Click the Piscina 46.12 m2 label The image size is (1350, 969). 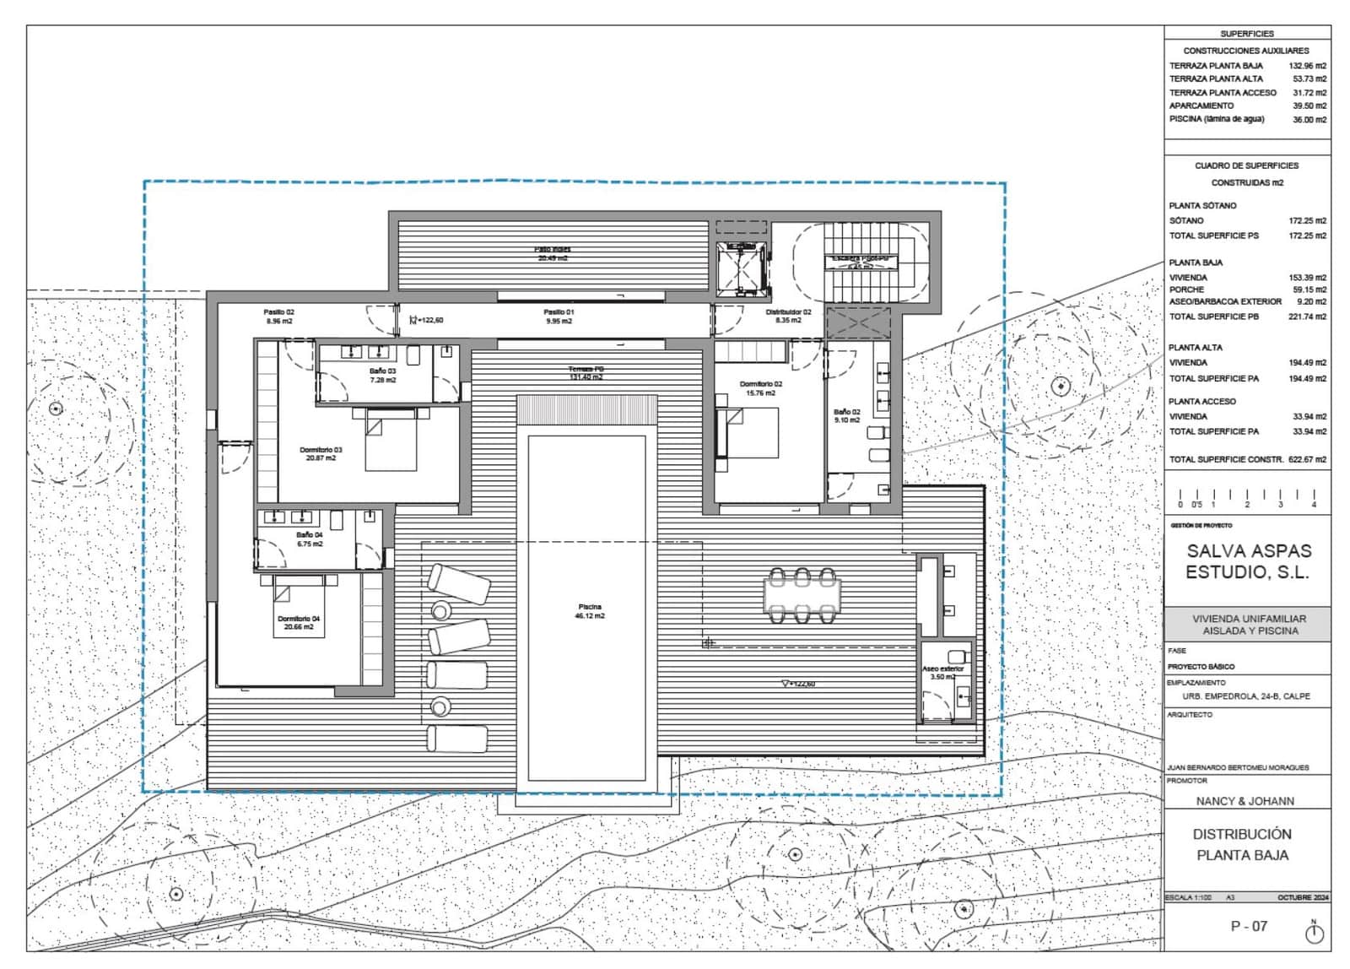[x=590, y=611]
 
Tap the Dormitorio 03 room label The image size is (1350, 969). [x=321, y=453]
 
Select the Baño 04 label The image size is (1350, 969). [x=309, y=539]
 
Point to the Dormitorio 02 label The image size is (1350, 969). [x=760, y=388]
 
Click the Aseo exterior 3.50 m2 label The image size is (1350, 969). [x=942, y=673]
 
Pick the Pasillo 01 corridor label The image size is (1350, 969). [x=559, y=317]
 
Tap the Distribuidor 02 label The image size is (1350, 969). [x=788, y=317]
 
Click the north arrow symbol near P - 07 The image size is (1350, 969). [x=1314, y=933]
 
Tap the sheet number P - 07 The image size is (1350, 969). [x=1249, y=926]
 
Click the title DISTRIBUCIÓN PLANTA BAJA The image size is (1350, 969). [x=1242, y=844]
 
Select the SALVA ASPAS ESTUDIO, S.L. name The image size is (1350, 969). [x=1249, y=561]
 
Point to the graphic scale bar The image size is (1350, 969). [x=1246, y=497]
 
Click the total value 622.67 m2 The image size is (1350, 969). [x=1306, y=460]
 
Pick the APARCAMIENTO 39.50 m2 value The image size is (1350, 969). [x=1309, y=106]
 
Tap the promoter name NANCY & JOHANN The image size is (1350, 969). [x=1245, y=801]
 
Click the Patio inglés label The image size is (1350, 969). [x=553, y=253]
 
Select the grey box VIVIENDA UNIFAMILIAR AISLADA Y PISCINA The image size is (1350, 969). [x=1248, y=625]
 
